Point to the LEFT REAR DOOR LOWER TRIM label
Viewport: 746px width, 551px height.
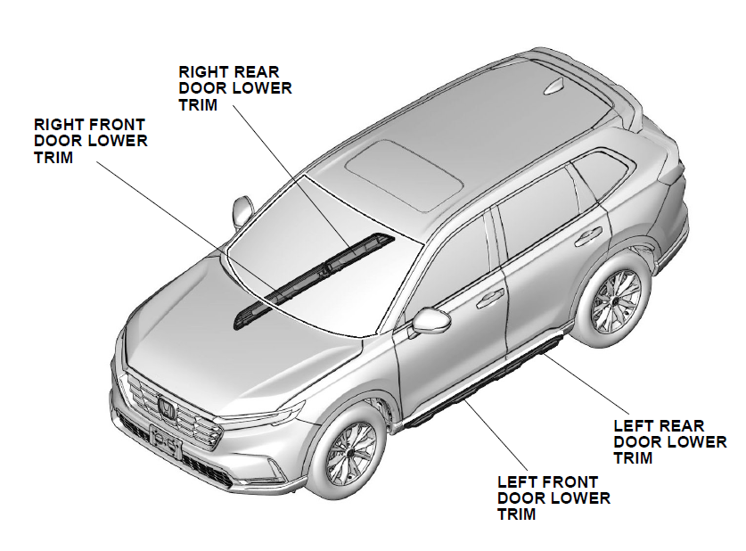(670, 442)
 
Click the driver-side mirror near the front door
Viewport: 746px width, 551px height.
(433, 321)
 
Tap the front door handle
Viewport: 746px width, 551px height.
(489, 299)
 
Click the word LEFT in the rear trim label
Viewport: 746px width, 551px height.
(634, 426)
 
